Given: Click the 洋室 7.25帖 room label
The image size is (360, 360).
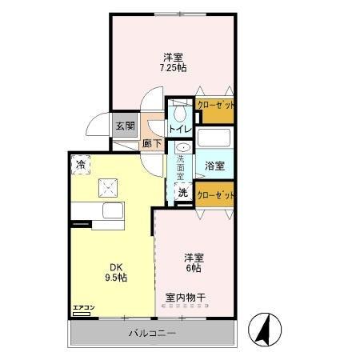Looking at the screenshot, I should (174, 62).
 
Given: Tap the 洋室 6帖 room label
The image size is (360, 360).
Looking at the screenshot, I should (194, 263).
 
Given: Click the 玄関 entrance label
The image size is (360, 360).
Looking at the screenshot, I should (124, 126).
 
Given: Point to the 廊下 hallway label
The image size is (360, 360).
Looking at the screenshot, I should (152, 144).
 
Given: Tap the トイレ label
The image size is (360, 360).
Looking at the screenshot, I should (180, 128).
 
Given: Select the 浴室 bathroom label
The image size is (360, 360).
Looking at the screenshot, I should (214, 166).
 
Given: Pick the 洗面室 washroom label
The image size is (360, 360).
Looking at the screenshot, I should (182, 170).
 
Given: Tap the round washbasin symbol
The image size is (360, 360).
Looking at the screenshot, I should (183, 148).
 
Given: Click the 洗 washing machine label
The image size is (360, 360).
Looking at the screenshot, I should (183, 193).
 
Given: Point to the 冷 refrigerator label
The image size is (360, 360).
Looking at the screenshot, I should (81, 165).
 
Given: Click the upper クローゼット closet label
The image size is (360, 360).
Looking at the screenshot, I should (215, 106).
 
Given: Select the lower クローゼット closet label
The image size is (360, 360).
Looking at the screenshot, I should (215, 195).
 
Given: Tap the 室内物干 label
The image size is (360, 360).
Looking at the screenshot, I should (186, 298).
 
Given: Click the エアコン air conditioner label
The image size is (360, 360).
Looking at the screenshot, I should (83, 307).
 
